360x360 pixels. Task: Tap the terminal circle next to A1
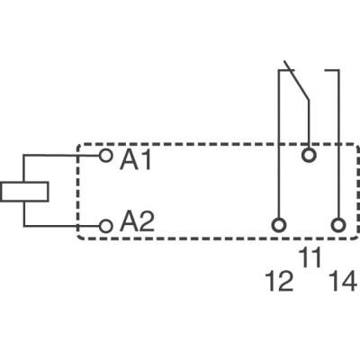106,157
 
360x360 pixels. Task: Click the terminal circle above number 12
279,223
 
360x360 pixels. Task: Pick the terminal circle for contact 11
309,156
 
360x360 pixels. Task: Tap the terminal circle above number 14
338,223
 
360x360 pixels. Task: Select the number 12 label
279,283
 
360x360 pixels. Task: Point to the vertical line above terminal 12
279,144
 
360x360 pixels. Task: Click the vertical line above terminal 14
338,144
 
